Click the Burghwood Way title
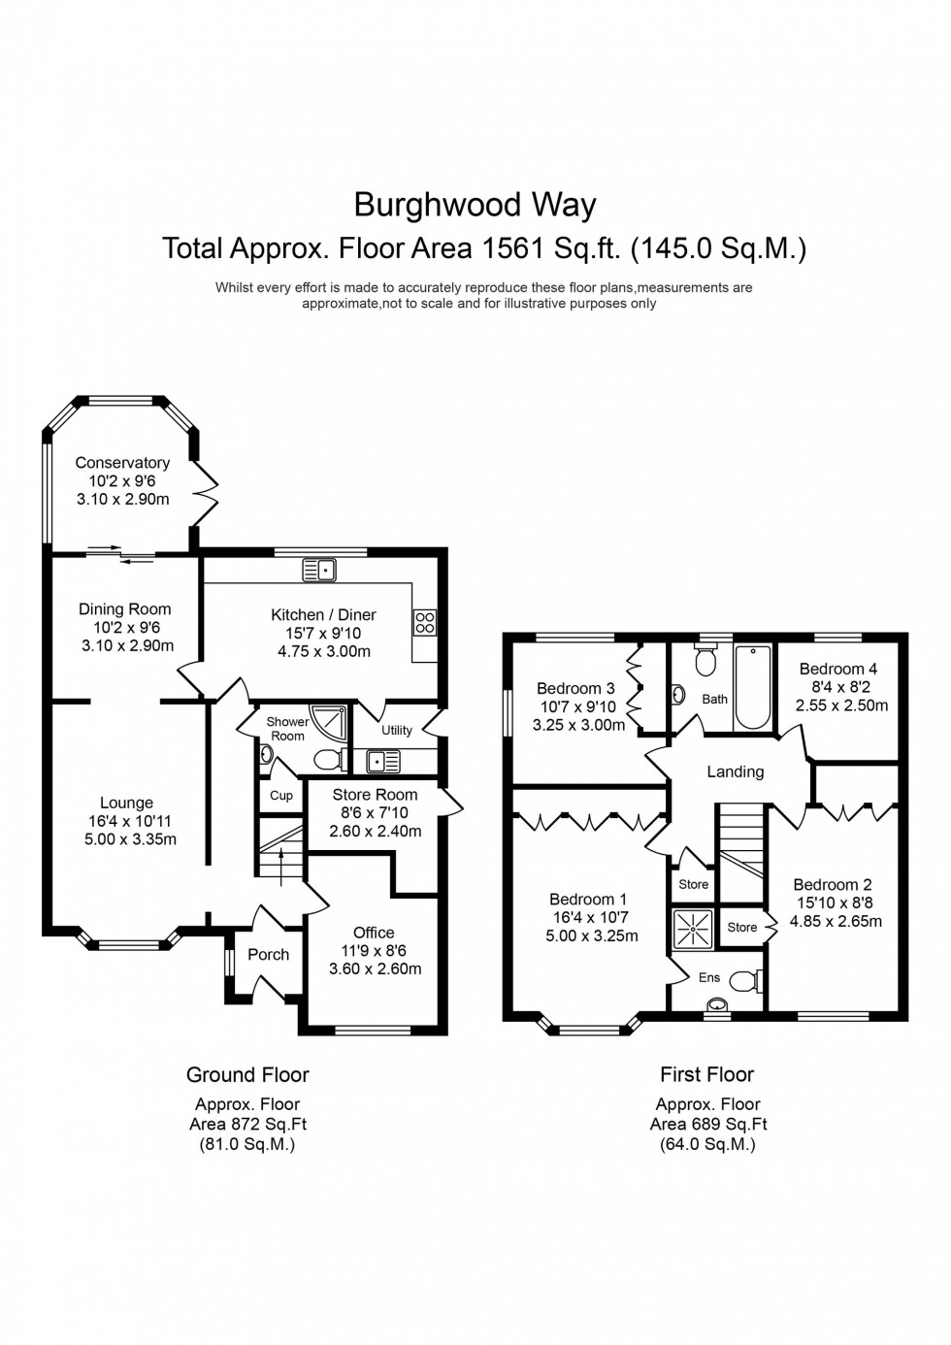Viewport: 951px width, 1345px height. coord(475,205)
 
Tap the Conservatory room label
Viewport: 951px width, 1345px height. coord(122,463)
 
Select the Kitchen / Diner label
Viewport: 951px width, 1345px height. coord(323,614)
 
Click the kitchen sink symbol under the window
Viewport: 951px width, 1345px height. coord(319,570)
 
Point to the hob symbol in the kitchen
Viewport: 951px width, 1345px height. coord(425,622)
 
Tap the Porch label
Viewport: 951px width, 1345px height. coord(268,954)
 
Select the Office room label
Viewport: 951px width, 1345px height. coord(374,933)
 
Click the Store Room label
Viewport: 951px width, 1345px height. coord(375,794)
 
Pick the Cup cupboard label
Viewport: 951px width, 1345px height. coord(281,795)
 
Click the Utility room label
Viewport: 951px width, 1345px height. coord(396,730)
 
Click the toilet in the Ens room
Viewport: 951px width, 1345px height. coord(744,981)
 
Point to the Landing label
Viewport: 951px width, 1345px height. coord(735,771)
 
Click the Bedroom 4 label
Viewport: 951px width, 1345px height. coord(837,669)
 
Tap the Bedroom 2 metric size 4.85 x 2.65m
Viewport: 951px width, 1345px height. coord(836,921)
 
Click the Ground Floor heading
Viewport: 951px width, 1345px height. coord(247,1074)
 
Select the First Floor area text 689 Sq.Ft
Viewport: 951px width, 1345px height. coord(708,1124)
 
